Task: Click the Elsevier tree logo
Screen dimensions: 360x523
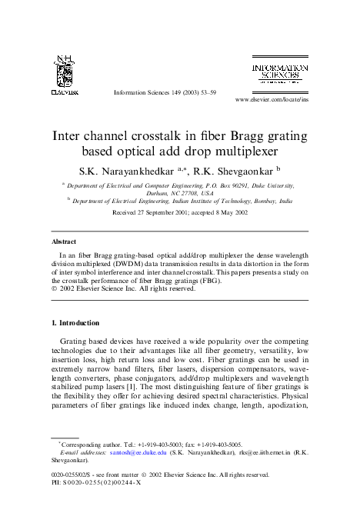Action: (x=65, y=73)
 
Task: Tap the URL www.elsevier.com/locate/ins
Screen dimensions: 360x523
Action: (x=272, y=100)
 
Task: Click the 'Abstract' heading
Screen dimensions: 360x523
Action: (x=63, y=242)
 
